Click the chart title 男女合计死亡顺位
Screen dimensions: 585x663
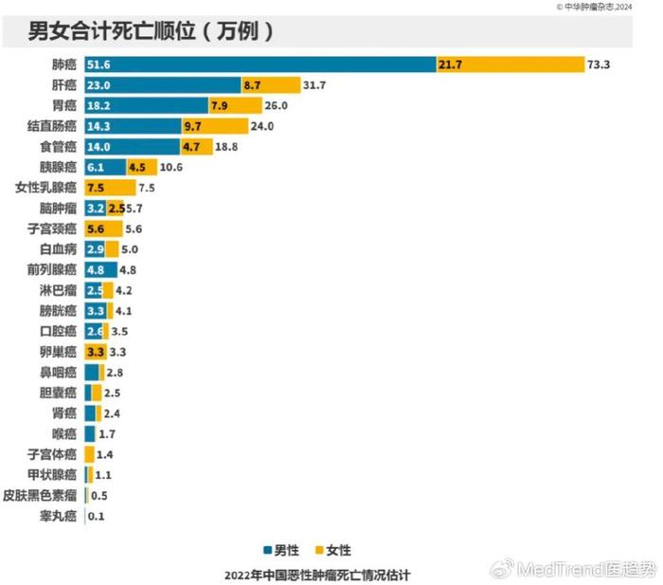click(152, 31)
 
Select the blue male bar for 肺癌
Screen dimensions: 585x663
click(260, 64)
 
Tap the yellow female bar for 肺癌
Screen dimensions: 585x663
click(511, 64)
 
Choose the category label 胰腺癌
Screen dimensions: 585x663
click(62, 167)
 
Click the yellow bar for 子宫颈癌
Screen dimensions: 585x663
click(103, 229)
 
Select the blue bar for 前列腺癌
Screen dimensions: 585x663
click(100, 269)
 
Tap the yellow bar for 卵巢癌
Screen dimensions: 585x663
click(96, 352)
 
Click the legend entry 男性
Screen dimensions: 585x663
click(280, 550)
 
